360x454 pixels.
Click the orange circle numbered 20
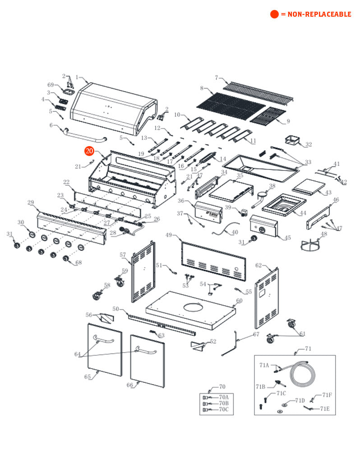coord(89,151)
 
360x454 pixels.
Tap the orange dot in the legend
coord(274,14)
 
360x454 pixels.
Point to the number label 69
coord(51,85)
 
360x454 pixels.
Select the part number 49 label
coord(169,235)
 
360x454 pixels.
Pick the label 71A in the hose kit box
coord(264,365)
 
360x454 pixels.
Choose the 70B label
coord(224,403)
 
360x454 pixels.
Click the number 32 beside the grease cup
coord(309,145)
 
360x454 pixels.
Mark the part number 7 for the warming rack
coord(217,78)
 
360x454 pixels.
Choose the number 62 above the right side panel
coord(258,265)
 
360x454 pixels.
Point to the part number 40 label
coord(235,233)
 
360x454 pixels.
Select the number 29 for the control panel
coord(31,202)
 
